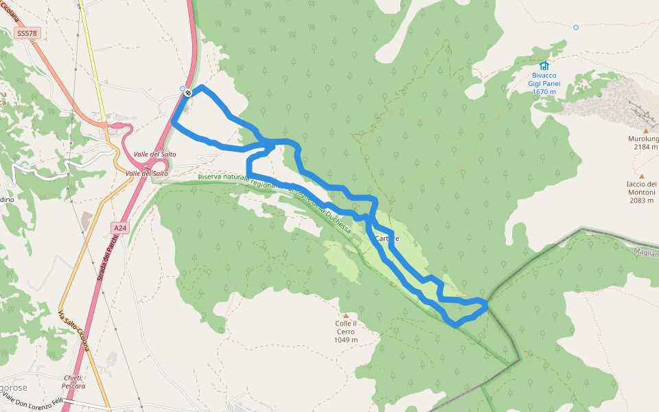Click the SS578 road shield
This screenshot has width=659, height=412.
(27, 32)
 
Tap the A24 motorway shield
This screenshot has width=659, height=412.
(120, 227)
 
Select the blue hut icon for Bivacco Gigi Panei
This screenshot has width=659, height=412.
(544, 65)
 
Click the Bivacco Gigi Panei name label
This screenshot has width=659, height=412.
(544, 79)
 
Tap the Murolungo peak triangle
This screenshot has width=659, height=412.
(646, 130)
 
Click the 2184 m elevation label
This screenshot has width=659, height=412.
(645, 147)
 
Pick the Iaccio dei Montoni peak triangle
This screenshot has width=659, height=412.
(642, 176)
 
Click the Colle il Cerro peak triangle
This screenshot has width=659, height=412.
(345, 316)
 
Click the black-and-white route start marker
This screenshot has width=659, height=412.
(188, 92)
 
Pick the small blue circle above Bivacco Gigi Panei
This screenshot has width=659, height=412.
(576, 27)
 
